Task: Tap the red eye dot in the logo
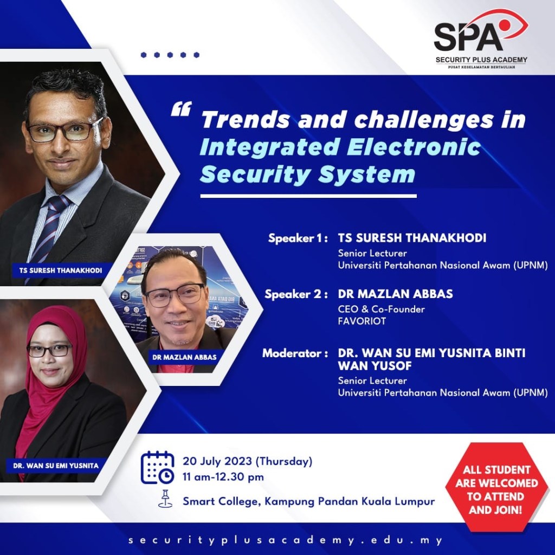(504, 24)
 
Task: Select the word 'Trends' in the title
(246, 120)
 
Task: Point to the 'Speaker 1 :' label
(298, 238)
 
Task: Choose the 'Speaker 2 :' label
(296, 294)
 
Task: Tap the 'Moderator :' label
(295, 353)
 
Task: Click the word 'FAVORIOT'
(362, 321)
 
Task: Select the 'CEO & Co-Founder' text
(381, 309)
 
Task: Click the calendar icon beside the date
(158, 467)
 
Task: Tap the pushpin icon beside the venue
(165, 499)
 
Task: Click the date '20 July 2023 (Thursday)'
(247, 462)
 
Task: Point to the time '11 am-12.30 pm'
(223, 477)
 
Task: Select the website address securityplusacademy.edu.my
(286, 540)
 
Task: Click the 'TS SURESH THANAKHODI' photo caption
(61, 270)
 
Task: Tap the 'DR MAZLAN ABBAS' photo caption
(184, 357)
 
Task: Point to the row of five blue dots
(170, 55)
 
